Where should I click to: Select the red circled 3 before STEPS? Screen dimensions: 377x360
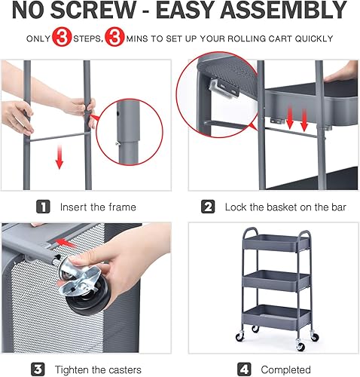click(x=62, y=38)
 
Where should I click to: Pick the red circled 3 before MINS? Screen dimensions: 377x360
click(x=115, y=38)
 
